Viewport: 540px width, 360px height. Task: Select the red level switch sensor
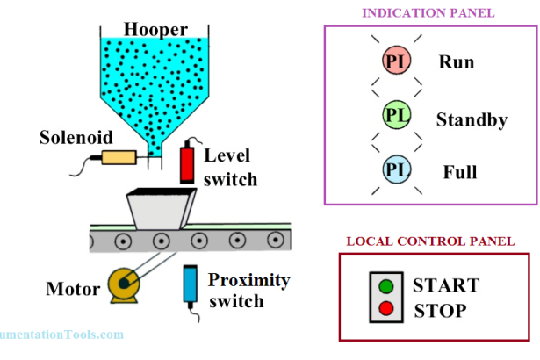tap(187, 164)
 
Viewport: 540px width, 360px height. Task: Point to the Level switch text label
tap(230, 168)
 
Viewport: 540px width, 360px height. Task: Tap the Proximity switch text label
tap(248, 291)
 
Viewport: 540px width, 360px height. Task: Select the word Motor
tap(74, 289)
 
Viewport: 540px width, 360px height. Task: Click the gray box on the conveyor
tap(159, 210)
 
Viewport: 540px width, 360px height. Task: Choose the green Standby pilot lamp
tap(396, 115)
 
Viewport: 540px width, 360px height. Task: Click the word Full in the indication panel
tap(459, 172)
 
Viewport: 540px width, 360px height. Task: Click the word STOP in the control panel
tap(439, 310)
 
